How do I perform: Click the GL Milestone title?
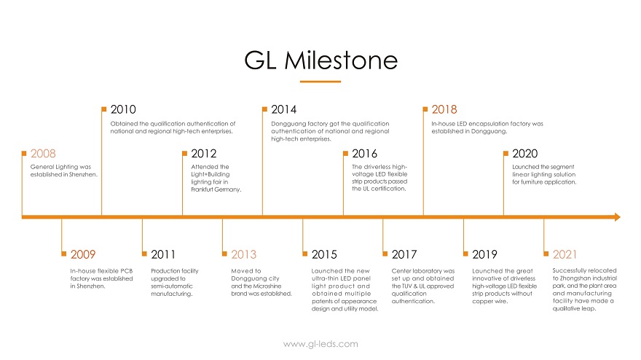[321, 60]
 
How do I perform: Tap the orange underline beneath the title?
[320, 82]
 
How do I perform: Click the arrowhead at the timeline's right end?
[617, 217]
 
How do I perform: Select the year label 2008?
[43, 154]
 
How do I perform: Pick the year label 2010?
[123, 109]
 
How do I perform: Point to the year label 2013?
[243, 254]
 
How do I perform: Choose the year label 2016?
[365, 154]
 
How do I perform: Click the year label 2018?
[444, 109]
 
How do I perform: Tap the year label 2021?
[565, 254]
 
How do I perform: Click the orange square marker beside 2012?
[184, 154]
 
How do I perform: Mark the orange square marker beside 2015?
[305, 254]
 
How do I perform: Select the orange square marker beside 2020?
[506, 154]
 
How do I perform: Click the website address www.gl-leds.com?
[320, 344]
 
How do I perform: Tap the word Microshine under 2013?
[268, 286]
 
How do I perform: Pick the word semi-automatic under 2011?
[172, 286]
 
